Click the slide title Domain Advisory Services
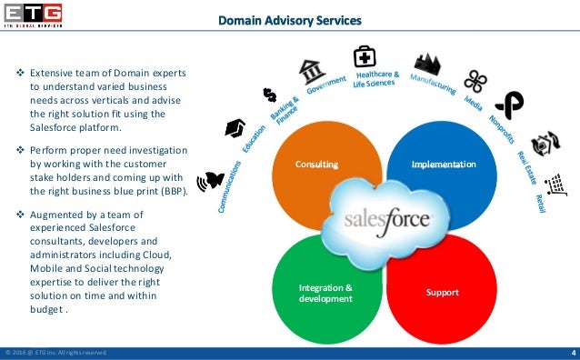tap(289, 21)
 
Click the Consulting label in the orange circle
tap(315, 165)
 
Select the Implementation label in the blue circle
tap(443, 165)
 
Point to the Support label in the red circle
tap(443, 293)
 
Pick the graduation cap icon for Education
tap(235, 128)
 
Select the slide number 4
tap(573, 353)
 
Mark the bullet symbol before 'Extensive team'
tap(21, 70)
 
